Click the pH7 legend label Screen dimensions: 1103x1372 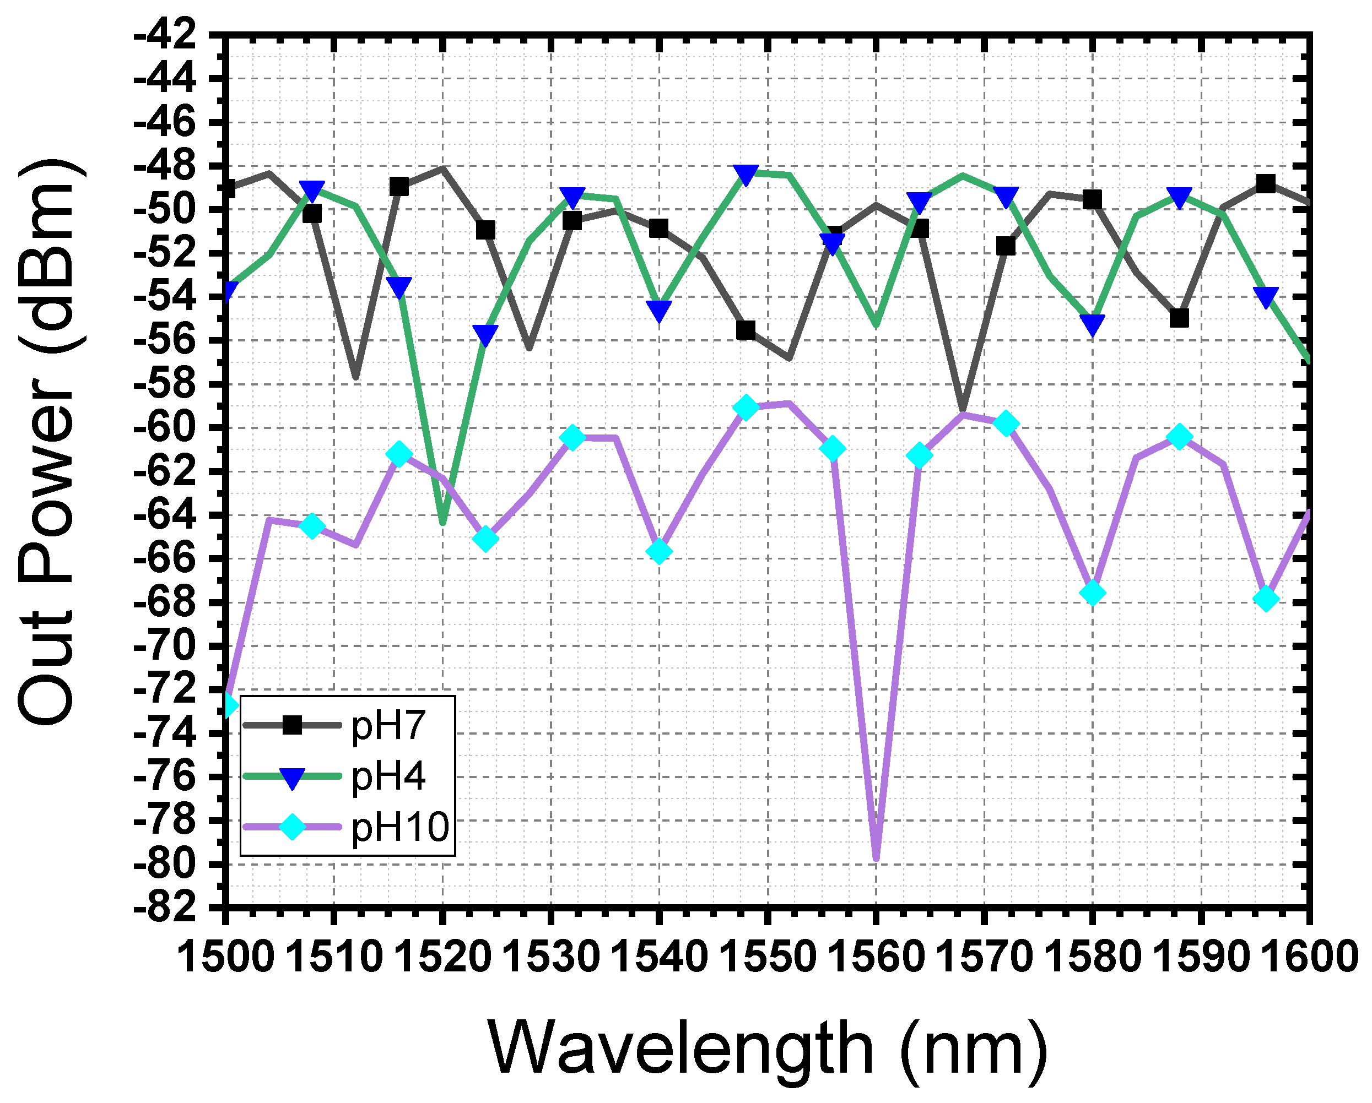tap(387, 725)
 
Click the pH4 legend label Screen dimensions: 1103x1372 tap(387, 776)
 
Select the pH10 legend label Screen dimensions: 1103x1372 tap(399, 827)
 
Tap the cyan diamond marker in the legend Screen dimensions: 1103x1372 tap(292, 827)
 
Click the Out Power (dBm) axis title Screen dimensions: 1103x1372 tap(48, 442)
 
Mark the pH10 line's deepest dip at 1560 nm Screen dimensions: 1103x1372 tap(876, 859)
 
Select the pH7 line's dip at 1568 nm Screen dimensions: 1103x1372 tap(962, 410)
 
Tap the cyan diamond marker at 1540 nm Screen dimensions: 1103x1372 tap(659, 551)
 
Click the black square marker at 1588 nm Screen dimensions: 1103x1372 tap(1179, 318)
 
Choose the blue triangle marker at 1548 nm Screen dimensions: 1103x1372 tap(746, 173)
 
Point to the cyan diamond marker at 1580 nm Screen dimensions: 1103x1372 tap(1092, 593)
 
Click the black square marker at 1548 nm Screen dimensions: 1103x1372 tap(746, 331)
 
